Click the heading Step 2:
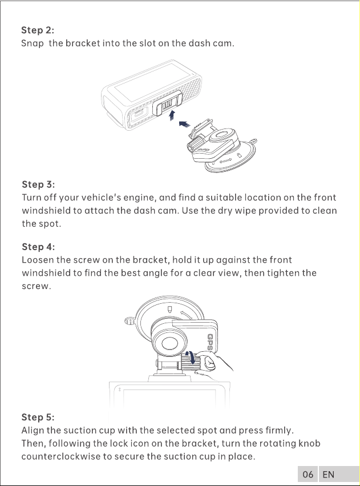tap(38, 30)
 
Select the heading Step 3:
tap(38, 184)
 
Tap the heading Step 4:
tap(38, 247)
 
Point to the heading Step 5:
tap(38, 417)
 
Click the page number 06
tap(308, 475)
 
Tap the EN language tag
tap(328, 475)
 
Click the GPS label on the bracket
tap(211, 342)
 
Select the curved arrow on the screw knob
tap(191, 358)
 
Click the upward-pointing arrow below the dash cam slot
tap(172, 115)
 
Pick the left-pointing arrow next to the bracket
tap(184, 124)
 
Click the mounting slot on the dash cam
tap(167, 106)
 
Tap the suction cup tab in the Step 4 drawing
tap(129, 321)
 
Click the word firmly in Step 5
tap(279, 431)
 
